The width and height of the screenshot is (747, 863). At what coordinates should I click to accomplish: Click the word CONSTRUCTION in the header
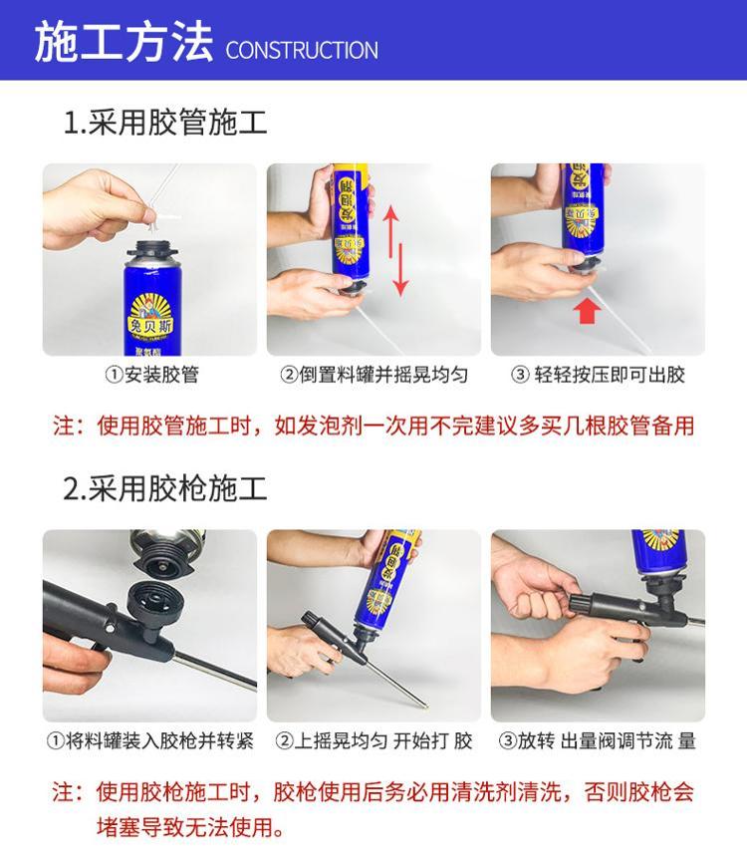(302, 50)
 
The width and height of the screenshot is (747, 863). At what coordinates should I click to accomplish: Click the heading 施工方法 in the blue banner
(124, 41)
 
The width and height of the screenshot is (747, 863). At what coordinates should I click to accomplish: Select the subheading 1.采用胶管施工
(165, 123)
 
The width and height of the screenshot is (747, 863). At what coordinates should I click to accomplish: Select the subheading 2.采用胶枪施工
(165, 488)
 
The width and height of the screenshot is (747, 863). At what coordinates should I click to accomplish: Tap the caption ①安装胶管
(151, 375)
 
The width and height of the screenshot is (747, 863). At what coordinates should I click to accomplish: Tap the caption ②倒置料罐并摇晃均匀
(374, 375)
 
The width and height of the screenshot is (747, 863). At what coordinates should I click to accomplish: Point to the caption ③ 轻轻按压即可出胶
(598, 375)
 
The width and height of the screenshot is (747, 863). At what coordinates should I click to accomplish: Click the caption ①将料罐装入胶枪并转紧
(150, 740)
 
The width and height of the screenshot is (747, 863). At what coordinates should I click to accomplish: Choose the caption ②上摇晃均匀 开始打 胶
(374, 740)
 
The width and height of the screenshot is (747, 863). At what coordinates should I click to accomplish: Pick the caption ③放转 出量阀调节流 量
(598, 740)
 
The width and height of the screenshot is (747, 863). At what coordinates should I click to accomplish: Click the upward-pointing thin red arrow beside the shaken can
(391, 231)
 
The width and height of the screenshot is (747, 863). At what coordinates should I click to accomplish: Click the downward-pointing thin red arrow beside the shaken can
(401, 270)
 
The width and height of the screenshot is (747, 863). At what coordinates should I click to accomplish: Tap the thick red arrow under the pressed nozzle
(587, 310)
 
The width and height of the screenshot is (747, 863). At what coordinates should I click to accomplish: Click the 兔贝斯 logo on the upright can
(149, 318)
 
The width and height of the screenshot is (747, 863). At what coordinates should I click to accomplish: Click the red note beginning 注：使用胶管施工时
(373, 426)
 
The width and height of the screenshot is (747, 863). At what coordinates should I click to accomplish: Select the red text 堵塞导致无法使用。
(190, 827)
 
